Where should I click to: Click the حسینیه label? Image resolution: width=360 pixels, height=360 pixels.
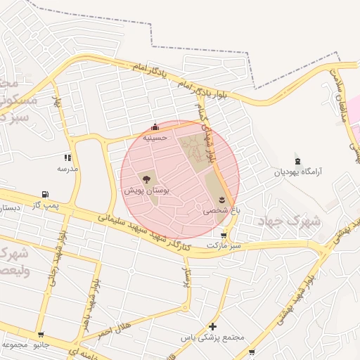[x=154, y=138]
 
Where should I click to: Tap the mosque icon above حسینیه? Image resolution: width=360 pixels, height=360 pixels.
[x=155, y=127]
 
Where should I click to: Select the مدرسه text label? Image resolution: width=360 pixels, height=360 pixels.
[x=67, y=169]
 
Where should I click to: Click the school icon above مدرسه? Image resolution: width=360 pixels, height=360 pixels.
[x=67, y=158]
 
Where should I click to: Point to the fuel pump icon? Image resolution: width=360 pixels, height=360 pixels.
[x=46, y=194]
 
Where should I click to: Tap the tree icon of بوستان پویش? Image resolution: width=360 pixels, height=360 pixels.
[x=148, y=180]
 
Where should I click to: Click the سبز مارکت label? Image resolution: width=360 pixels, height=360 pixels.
[x=224, y=245]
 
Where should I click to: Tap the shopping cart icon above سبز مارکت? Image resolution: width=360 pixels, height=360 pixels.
[x=224, y=236]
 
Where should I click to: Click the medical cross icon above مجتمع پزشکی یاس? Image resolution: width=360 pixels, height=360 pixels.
[x=213, y=327]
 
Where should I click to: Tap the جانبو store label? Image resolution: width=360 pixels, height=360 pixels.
[x=41, y=345]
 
